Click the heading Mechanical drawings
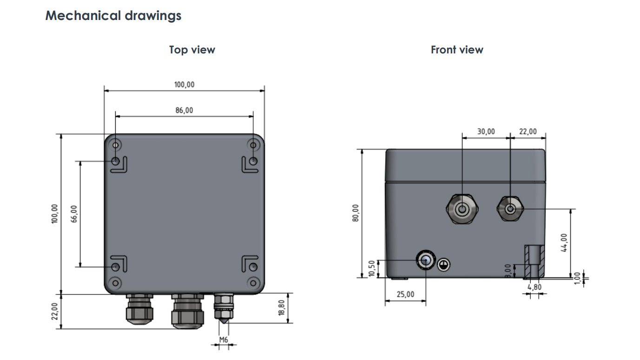113,16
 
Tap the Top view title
192,50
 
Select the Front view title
457,50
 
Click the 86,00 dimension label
184,111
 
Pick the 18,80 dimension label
282,308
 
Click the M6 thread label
224,340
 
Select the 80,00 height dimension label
356,213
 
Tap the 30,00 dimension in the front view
486,131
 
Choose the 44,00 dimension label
564,242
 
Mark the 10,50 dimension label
371,268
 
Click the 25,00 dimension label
405,295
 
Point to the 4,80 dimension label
534,287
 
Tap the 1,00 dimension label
577,278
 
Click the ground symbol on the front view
444,265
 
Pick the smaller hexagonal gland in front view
510,209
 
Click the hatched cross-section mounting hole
534,262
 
